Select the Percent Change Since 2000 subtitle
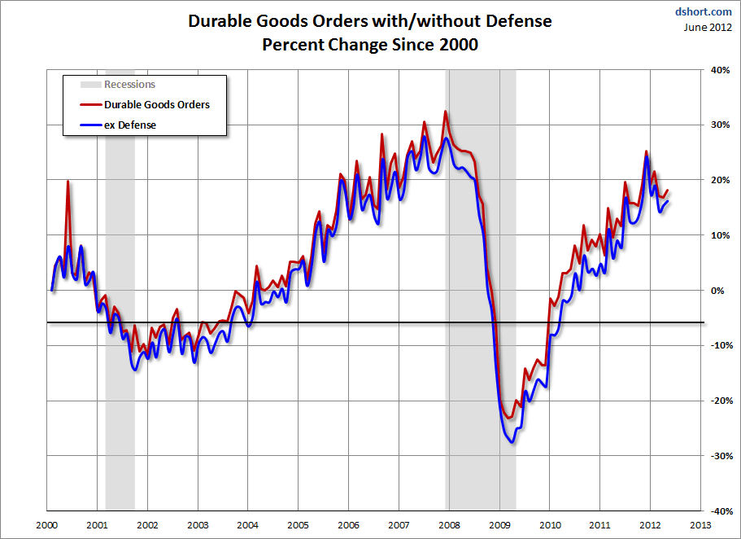coord(369,45)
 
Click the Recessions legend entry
coord(129,85)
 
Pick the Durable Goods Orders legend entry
coord(156,105)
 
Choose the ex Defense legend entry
coord(129,125)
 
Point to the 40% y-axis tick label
coord(719,70)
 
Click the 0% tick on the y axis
coord(719,290)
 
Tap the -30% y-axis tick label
coord(717,456)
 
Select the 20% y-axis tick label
coord(719,180)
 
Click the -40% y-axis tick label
coord(717,511)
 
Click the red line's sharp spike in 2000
coord(68,182)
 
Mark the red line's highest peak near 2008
coord(446,112)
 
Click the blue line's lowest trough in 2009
coord(512,441)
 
